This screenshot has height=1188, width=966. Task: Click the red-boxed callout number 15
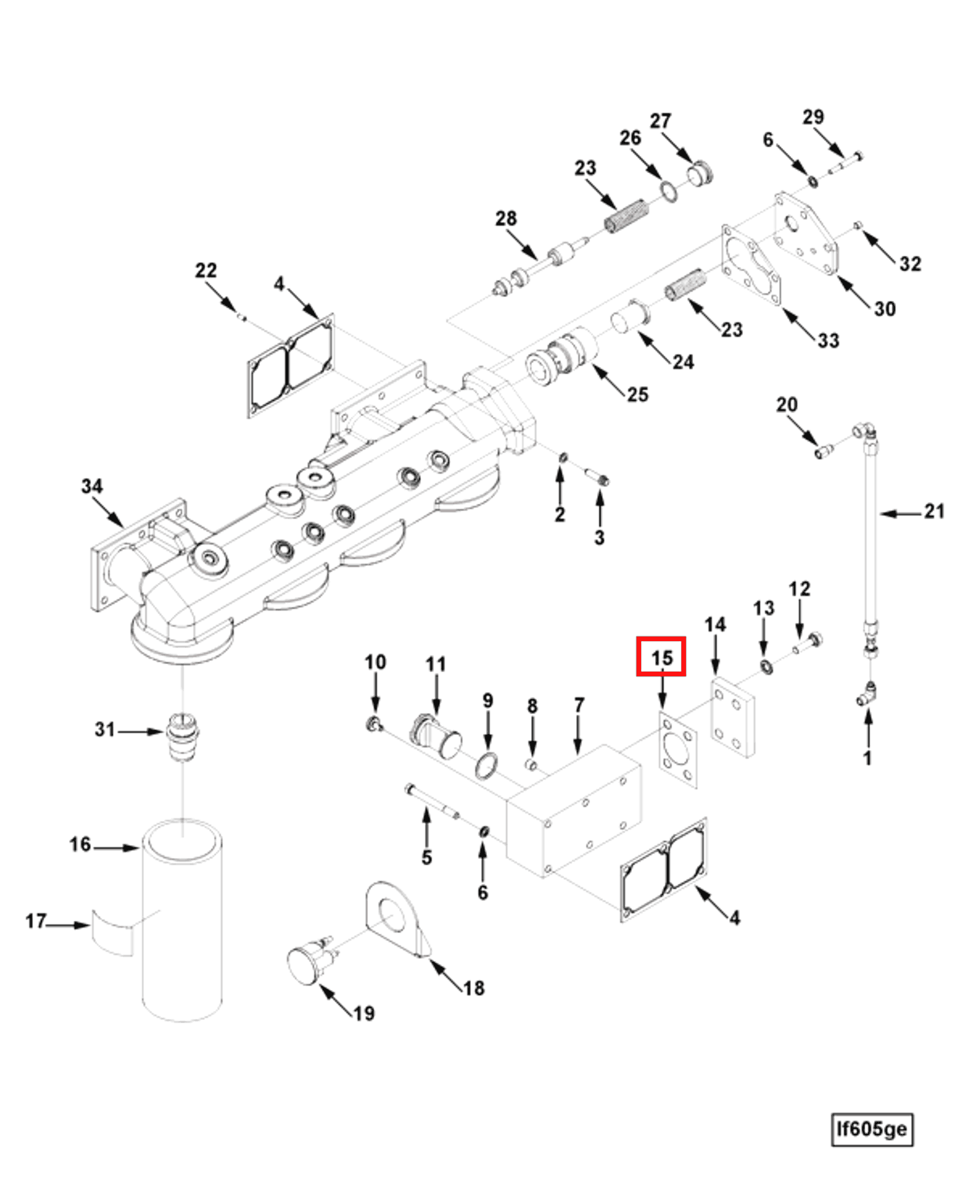click(x=661, y=657)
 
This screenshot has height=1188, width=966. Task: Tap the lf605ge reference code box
click(x=872, y=1129)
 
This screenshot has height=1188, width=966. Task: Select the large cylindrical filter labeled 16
click(x=182, y=920)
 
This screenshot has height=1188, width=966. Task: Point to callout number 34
click(x=92, y=486)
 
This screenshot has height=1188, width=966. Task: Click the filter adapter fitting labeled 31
click(x=183, y=737)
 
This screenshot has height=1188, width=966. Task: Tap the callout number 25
click(x=637, y=394)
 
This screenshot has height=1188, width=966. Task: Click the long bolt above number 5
click(x=431, y=799)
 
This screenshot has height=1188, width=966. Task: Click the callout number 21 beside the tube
click(x=934, y=511)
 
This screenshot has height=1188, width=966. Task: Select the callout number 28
click(x=506, y=219)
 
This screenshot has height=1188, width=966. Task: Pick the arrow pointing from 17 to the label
click(x=68, y=925)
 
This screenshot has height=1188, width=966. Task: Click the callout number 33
click(x=828, y=340)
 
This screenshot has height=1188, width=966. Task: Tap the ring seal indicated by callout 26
click(x=668, y=191)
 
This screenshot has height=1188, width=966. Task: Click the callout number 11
click(x=436, y=664)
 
